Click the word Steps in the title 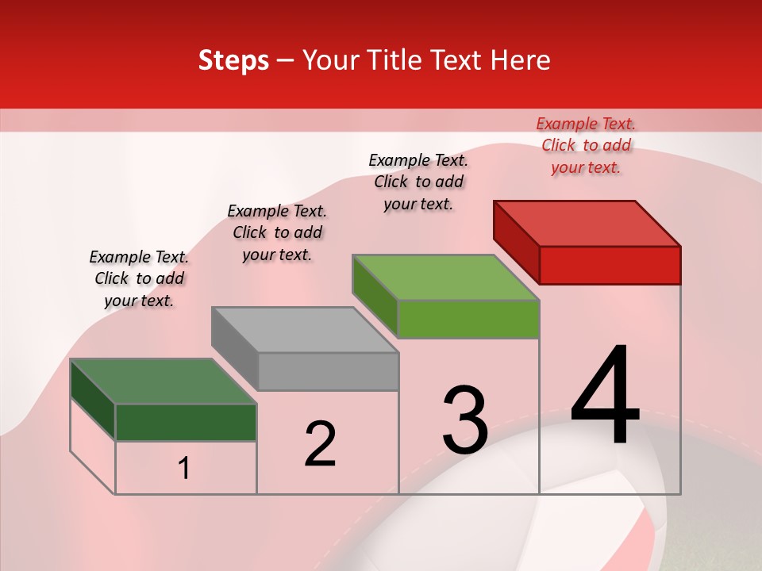pos(233,60)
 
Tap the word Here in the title pos(521,60)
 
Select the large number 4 pos(605,397)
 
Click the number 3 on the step pos(465,420)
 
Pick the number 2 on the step pos(320,444)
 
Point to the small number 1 pos(183,469)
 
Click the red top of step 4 pos(587,223)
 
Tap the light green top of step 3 pos(446,278)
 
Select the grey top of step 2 pos(306,329)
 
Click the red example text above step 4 pos(586,146)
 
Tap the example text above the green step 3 pos(418,182)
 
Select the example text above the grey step pos(277,232)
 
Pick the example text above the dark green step pos(139,278)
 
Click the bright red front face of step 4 pos(610,265)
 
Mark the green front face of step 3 pos(468,319)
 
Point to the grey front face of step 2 pos(328,371)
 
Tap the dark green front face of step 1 pos(186,422)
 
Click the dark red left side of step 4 pos(516,242)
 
